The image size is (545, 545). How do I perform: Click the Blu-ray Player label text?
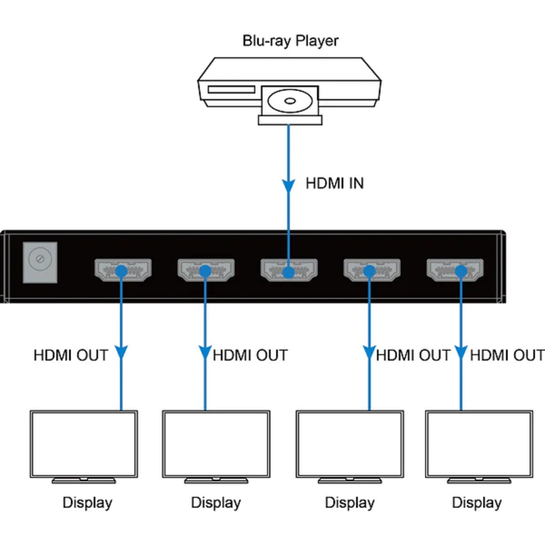290,41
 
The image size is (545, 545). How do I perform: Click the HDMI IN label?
335,183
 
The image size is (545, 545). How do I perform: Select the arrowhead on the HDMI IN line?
288,186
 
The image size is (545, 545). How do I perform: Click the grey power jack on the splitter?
40,262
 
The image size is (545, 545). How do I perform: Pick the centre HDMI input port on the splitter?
289,270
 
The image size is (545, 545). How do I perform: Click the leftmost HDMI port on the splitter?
123,270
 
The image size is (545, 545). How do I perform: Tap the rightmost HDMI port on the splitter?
455,270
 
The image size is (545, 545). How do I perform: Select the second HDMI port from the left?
206,270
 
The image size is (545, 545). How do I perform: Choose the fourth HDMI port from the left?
372,270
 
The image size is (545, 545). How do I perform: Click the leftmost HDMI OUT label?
71,355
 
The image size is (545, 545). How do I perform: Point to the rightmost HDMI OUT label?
507,355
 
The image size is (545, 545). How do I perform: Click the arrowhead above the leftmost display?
121,353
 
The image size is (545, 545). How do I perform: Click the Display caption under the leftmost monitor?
87,503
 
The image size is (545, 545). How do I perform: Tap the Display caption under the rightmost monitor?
477,503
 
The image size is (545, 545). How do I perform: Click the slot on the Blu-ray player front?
231,89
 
